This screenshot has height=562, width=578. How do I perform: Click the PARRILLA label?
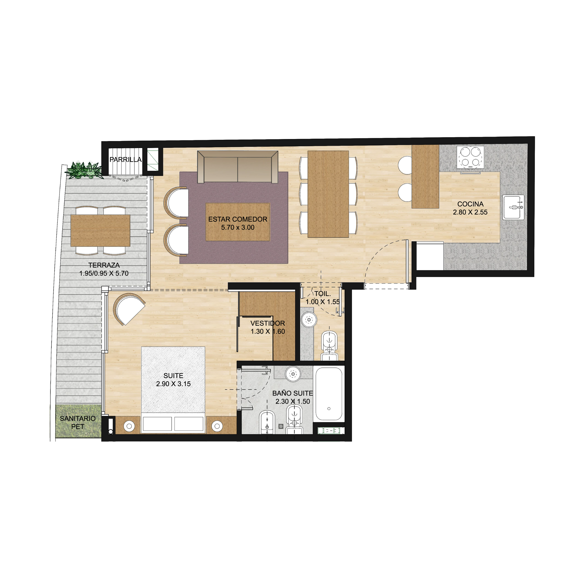[x=125, y=160]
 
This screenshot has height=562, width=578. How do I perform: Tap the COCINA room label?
[x=470, y=204]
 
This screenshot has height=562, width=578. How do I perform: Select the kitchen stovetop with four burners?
[x=470, y=157]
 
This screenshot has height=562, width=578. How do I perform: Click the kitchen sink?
[x=513, y=207]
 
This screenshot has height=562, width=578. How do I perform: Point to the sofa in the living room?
[x=238, y=167]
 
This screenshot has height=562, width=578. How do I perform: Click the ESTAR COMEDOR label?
[x=238, y=219]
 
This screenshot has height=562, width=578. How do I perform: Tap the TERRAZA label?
[x=104, y=265]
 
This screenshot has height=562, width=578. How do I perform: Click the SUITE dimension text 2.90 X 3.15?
[x=173, y=384]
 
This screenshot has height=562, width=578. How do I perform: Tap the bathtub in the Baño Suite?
[x=329, y=393]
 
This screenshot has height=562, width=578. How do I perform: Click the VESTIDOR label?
[x=268, y=323]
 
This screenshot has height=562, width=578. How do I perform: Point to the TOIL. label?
[x=322, y=294]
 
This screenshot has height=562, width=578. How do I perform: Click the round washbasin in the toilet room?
[x=309, y=320]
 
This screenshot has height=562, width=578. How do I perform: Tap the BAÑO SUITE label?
[x=292, y=393]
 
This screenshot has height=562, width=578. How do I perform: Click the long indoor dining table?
[x=328, y=194]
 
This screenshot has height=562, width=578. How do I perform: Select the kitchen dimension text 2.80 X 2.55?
[x=470, y=212]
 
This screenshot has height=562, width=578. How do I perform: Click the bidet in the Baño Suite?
[x=267, y=422]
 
